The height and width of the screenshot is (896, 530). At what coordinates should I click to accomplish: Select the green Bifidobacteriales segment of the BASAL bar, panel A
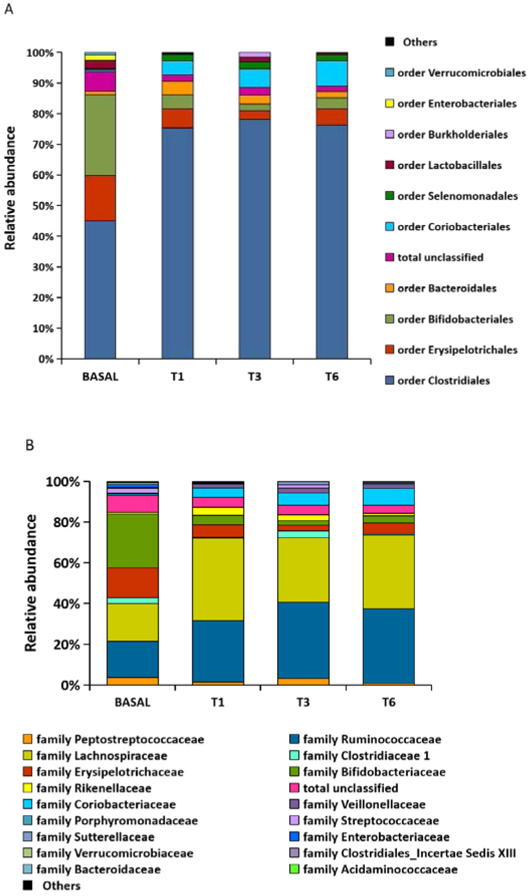(x=100, y=134)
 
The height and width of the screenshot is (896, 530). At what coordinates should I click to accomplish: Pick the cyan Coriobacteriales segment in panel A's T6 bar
(x=332, y=73)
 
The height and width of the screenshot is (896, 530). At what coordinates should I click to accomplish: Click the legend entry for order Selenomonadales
(x=457, y=196)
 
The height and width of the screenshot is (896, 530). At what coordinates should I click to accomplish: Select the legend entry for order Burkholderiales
(x=452, y=134)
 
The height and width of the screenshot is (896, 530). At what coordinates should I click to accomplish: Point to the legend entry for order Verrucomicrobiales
(x=461, y=73)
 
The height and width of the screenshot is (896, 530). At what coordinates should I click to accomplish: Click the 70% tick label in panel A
(x=43, y=145)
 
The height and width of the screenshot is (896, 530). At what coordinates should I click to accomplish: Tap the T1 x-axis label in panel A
(x=177, y=376)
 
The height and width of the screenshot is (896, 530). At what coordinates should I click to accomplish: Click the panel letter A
(x=9, y=10)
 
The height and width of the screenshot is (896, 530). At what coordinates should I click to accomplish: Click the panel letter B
(x=30, y=445)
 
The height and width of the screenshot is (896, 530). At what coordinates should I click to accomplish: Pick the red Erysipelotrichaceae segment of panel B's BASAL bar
(x=133, y=582)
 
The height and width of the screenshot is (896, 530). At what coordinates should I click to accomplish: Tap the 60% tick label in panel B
(x=66, y=563)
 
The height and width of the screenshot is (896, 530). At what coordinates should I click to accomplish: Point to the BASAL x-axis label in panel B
(x=133, y=702)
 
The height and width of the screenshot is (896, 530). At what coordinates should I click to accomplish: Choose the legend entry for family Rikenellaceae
(x=93, y=788)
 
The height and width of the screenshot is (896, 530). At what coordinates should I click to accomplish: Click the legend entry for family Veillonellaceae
(x=364, y=805)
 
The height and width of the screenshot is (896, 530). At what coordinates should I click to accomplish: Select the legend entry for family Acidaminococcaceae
(x=380, y=869)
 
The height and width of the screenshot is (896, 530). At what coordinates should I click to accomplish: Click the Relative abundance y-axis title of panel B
(x=31, y=583)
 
